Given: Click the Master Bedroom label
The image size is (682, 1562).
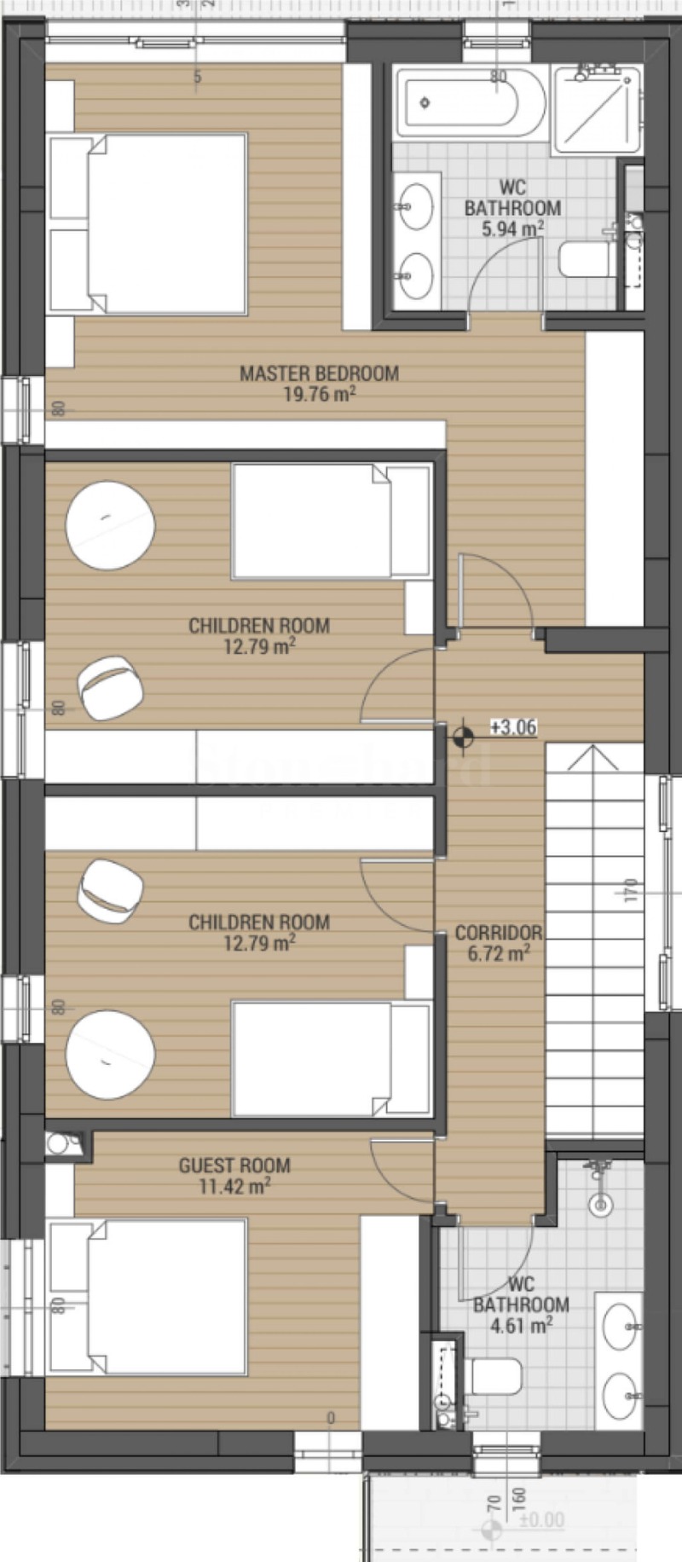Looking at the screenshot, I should click(x=319, y=373).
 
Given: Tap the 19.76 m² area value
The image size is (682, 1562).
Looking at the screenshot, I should click(x=319, y=395).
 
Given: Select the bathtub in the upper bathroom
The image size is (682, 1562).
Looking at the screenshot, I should click(x=471, y=104).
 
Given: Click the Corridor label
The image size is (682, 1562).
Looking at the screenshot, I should click(x=498, y=933).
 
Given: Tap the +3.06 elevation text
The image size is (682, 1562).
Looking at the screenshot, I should click(x=513, y=727).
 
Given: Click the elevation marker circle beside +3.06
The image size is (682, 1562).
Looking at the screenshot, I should click(x=463, y=735).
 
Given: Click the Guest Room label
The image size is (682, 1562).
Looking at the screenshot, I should click(x=234, y=1166).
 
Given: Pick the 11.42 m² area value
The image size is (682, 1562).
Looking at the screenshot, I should click(x=234, y=1187).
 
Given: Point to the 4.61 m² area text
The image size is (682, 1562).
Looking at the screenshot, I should click(x=521, y=1326).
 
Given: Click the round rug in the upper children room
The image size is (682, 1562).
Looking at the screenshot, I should click(x=111, y=524).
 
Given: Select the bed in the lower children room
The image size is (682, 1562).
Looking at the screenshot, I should click(x=331, y=1059).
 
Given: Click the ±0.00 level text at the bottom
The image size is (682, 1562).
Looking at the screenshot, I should click(x=541, y=1519).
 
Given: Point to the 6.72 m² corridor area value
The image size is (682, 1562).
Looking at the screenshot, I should click(x=498, y=954).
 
